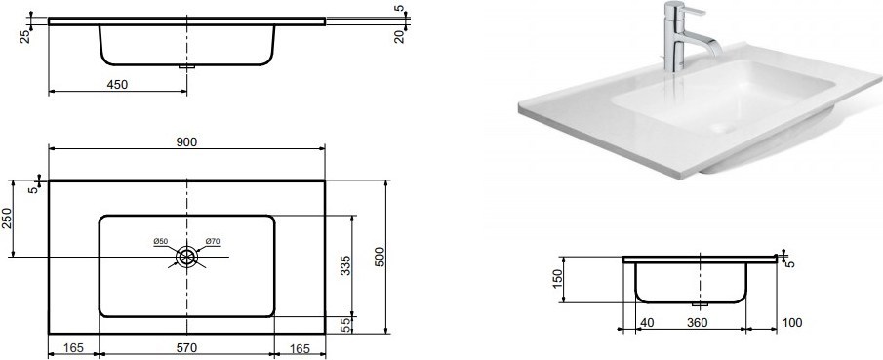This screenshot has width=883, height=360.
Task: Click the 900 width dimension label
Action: tap(186, 142)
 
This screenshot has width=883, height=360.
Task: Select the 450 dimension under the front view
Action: tap(117, 85)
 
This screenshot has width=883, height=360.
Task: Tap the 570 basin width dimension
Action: tap(186, 348)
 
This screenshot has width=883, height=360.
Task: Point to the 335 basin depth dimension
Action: tap(345, 266)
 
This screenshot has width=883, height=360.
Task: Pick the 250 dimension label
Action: tap(6, 218)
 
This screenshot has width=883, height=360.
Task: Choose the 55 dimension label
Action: tap(347, 325)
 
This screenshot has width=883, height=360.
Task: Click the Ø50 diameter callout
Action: tap(160, 242)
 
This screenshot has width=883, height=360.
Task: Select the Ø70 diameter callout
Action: tap(213, 242)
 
